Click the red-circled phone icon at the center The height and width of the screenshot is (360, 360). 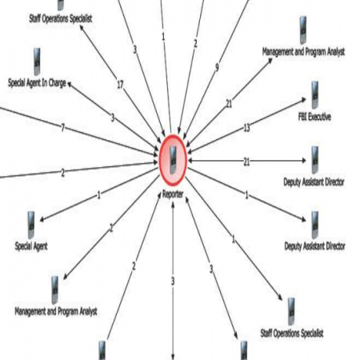tap(173, 161)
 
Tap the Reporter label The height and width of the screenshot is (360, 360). tap(173, 194)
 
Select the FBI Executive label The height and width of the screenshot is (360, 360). tap(314, 117)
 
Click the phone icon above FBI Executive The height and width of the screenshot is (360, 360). tap(314, 95)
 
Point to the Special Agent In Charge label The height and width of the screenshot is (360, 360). tap(37, 83)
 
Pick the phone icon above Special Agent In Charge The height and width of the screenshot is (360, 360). tap(37, 62)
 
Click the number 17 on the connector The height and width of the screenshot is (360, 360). tap(120, 85)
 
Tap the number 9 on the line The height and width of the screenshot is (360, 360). tap(217, 67)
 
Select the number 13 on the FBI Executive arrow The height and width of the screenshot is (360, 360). tap(247, 128)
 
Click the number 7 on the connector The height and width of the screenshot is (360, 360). tap(63, 128)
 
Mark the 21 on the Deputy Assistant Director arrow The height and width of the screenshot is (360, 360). tap(246, 162)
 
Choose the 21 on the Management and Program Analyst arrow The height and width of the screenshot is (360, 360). tap(229, 104)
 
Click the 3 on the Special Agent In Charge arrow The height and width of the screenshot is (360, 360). tap(113, 118)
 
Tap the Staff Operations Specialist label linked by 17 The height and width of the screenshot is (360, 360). tap(61, 18)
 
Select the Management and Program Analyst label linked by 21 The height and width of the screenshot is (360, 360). tap(303, 51)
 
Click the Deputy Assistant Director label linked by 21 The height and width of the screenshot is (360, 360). tap(314, 182)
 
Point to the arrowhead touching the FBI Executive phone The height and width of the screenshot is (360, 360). tap(303, 100)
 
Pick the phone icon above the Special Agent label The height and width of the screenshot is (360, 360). tap(31, 225)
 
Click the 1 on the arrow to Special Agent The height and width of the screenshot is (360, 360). tap(99, 195)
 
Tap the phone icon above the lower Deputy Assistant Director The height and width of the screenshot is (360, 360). tap(315, 225)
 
